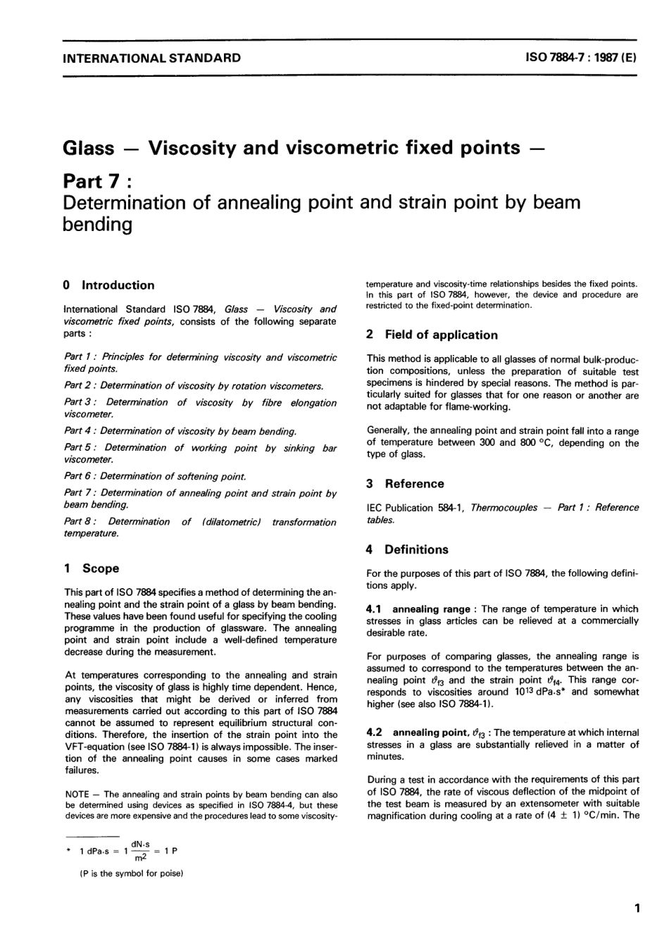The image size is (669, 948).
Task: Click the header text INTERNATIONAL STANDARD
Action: (151, 58)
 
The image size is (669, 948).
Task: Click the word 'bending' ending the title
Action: (97, 225)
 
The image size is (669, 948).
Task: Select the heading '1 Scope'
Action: (92, 568)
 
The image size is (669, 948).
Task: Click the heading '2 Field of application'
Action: (432, 335)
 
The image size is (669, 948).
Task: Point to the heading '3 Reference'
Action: (405, 484)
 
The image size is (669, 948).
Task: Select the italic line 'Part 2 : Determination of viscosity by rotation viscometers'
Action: (194, 386)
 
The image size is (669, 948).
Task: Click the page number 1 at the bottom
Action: (637, 909)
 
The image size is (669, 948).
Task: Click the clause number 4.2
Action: (375, 732)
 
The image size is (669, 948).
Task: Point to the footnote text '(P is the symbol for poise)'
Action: (131, 873)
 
